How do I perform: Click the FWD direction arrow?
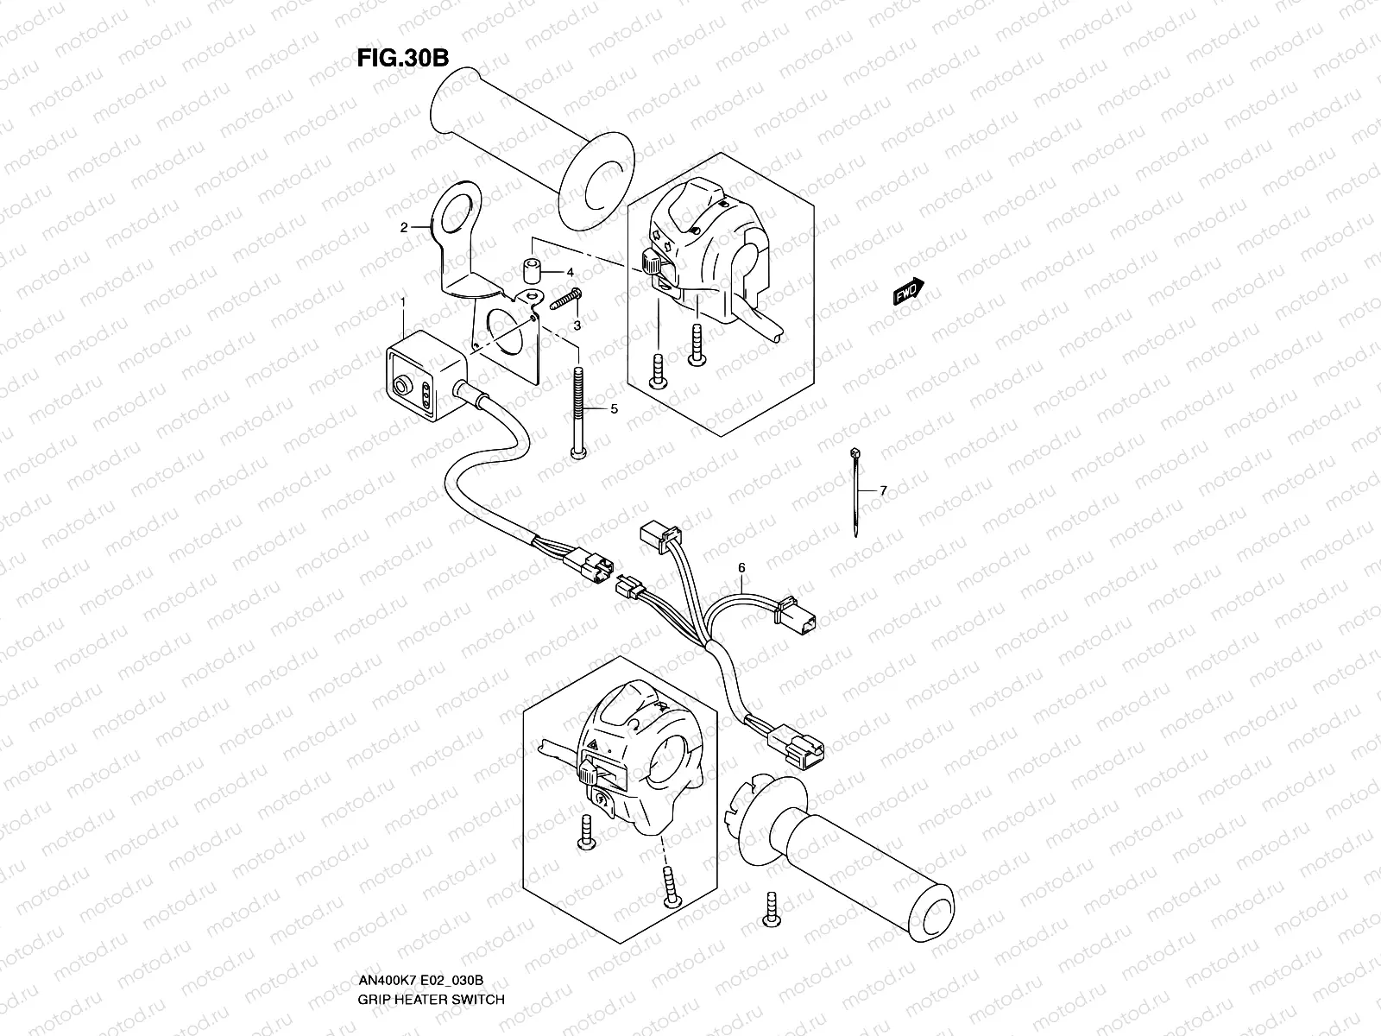pos(908,294)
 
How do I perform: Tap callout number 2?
pos(403,228)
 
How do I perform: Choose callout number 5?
pos(614,409)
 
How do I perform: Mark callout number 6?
pos(741,567)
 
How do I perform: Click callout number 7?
pos(883,490)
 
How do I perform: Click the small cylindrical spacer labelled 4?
pos(529,271)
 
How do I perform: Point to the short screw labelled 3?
pos(562,299)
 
